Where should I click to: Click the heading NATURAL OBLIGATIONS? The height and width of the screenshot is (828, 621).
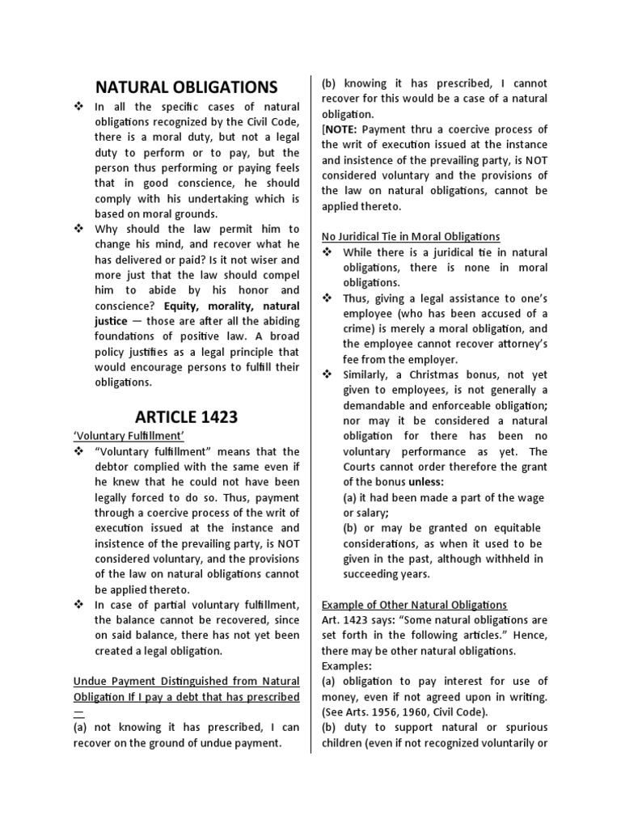click(x=187, y=87)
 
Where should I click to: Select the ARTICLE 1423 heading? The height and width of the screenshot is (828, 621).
click(x=186, y=416)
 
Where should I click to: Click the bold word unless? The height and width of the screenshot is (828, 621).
click(x=410, y=482)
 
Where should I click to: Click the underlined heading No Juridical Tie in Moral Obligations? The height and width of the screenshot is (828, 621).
click(x=411, y=236)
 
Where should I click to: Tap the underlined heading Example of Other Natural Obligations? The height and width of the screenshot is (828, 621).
click(x=414, y=605)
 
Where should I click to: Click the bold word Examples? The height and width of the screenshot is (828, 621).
click(x=346, y=666)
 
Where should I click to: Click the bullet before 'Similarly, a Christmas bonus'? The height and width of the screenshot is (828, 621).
click(x=327, y=375)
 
